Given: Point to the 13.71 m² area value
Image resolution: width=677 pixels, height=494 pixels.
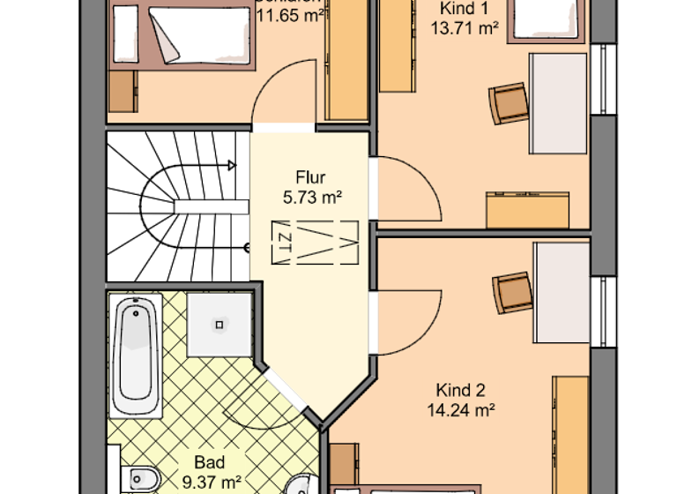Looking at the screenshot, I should coord(465,27).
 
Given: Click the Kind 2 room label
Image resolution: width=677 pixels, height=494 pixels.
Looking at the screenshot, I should coord(460,390).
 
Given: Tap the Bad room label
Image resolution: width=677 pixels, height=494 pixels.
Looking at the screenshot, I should coord(210,462).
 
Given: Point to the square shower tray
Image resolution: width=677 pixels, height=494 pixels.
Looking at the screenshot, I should coord(219,324).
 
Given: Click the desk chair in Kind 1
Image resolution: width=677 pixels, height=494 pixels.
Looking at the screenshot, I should coord(508,103).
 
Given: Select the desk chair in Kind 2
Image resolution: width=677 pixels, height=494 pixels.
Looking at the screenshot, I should coord(512,292).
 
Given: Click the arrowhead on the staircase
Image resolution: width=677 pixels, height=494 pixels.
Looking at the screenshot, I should coord(232,164).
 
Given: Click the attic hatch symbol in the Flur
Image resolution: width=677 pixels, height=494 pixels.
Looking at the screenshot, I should coord(314,240).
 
